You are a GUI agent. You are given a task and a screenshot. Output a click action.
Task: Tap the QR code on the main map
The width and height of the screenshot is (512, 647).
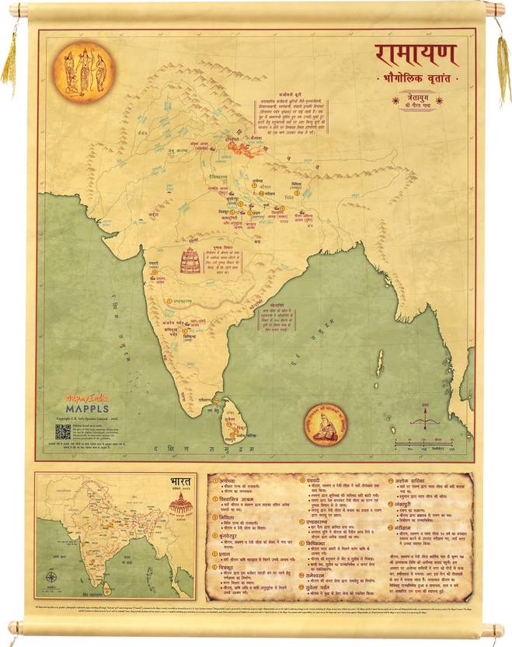tap(63, 431)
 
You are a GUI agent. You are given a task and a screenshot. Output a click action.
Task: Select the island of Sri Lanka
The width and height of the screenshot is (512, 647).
tap(232, 421)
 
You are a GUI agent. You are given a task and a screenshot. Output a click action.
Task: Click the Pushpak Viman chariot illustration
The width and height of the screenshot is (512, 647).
tap(190, 261)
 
